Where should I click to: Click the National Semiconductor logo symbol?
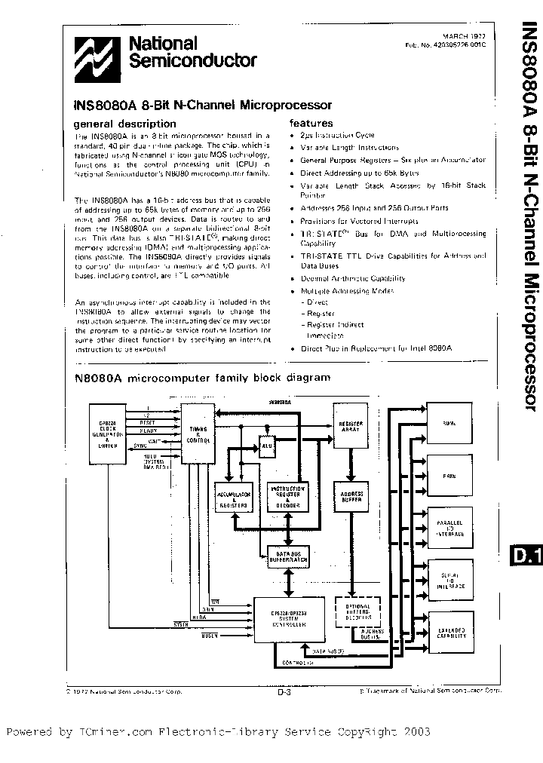click(x=94, y=54)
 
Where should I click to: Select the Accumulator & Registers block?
click(x=233, y=497)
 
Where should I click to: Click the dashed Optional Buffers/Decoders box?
click(x=352, y=611)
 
